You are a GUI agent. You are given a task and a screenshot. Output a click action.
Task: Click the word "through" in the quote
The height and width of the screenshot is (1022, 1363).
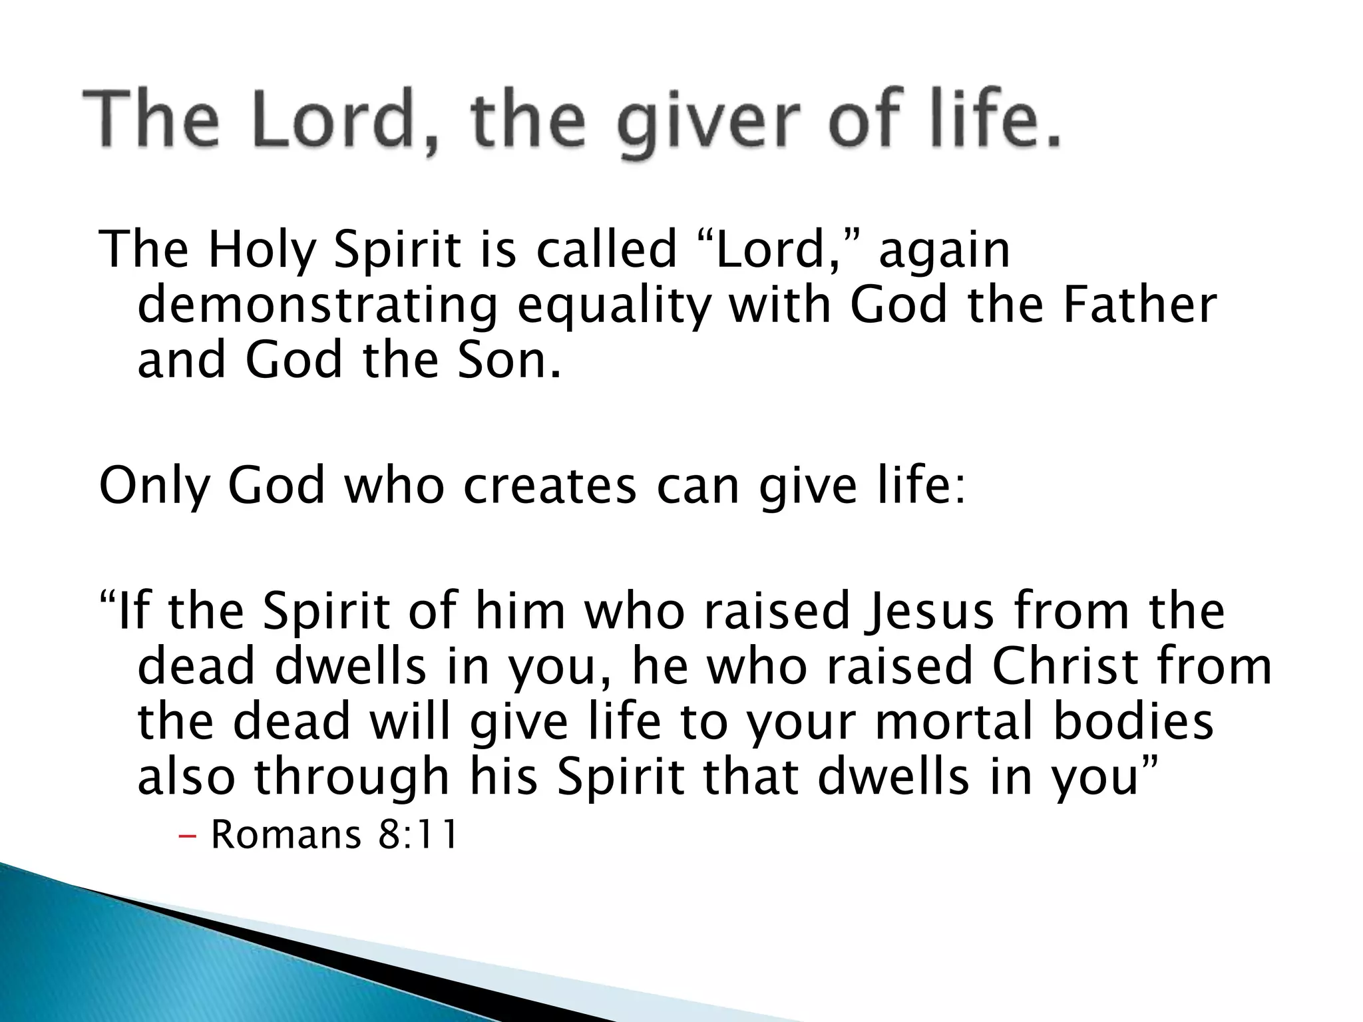(352, 778)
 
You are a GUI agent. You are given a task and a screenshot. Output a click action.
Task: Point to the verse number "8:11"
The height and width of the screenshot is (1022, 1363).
(418, 835)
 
